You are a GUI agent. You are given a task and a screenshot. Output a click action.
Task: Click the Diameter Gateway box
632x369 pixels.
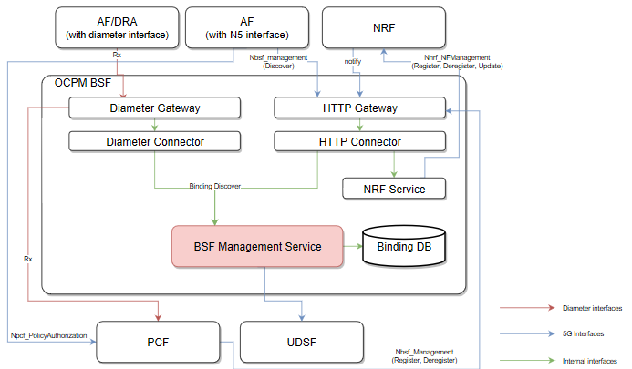154,108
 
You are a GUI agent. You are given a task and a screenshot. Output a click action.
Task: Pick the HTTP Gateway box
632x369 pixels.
359,108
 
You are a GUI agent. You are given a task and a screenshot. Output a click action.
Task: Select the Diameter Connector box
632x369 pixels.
154,142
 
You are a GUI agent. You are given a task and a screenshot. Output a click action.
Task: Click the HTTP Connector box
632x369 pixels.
359,142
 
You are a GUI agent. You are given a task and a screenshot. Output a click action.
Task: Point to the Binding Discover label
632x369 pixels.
215,186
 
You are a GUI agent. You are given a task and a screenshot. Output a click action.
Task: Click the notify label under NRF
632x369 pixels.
353,61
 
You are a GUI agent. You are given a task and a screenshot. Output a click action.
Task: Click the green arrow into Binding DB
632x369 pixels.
354,246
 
